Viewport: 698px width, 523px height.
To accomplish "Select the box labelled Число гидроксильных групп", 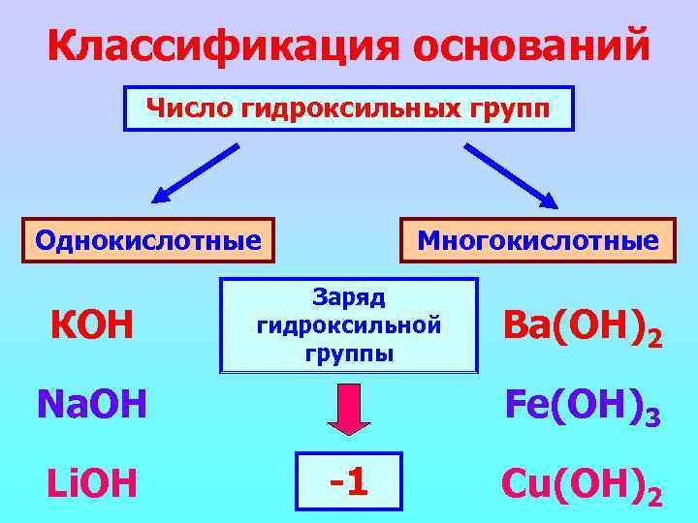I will pyautogui.click(x=348, y=108).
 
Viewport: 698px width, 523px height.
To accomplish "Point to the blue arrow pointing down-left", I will pyautogui.click(x=195, y=174).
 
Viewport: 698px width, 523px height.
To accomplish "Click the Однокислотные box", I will pyautogui.click(x=148, y=239).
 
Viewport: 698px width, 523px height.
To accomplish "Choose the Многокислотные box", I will pyautogui.click(x=538, y=239).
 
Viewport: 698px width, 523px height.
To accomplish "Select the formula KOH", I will pyautogui.click(x=92, y=326).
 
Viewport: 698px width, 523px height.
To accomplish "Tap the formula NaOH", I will pyautogui.click(x=91, y=404).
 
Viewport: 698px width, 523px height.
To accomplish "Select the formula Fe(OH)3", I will pyautogui.click(x=581, y=406).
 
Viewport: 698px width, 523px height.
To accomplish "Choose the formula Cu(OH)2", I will pyautogui.click(x=581, y=483).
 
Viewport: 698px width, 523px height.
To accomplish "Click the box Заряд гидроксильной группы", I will pyautogui.click(x=349, y=325).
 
